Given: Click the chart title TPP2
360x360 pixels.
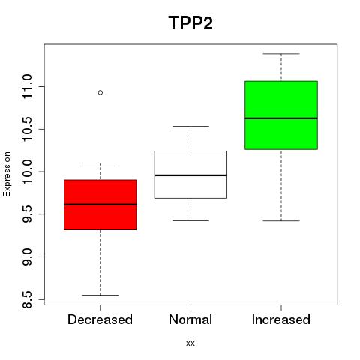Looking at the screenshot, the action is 190,22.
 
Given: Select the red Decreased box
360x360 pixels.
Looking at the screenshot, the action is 100,205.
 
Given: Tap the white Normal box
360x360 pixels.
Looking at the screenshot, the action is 190,175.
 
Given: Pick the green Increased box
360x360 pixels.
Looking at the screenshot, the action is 281,115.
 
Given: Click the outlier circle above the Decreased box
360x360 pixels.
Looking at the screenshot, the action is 100,92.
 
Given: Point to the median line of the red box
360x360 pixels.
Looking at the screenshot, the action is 100,205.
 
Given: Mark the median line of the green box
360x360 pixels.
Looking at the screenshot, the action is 281,118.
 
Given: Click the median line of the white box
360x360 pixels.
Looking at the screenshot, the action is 190,175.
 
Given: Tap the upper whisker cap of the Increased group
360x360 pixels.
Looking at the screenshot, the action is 281,54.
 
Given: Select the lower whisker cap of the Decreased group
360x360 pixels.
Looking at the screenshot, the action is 100,295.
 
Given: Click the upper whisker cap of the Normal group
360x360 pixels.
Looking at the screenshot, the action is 190,126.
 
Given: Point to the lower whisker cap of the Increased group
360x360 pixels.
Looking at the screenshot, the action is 281,220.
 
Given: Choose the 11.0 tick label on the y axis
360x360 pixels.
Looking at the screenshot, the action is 27,86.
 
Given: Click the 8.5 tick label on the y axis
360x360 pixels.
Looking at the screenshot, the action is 27,299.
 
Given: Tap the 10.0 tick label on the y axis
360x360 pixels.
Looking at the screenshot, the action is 27,172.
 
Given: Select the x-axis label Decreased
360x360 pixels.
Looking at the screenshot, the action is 100,319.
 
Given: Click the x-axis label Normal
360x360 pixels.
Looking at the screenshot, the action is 190,319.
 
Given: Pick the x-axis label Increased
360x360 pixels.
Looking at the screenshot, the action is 281,319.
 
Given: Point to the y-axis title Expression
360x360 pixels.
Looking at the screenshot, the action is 7,174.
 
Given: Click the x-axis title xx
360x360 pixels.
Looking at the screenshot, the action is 190,343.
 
